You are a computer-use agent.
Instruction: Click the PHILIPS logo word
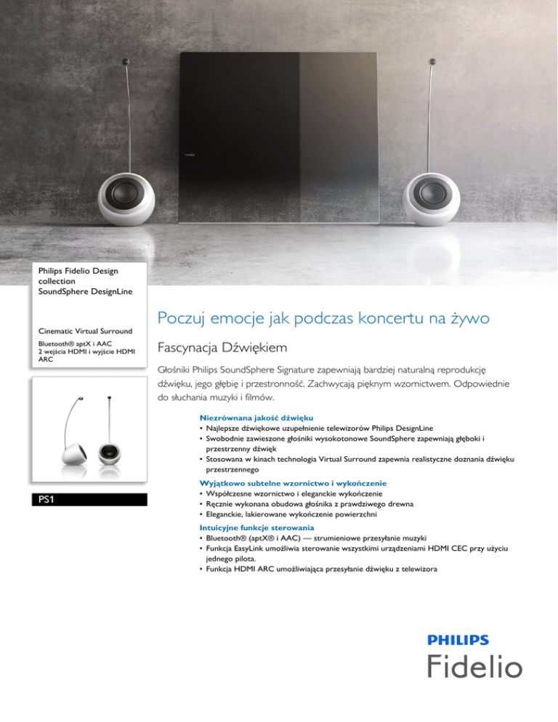tap(458, 640)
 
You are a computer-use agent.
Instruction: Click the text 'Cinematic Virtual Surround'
tap(86, 331)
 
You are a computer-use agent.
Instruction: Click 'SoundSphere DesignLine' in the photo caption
tap(86, 291)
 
